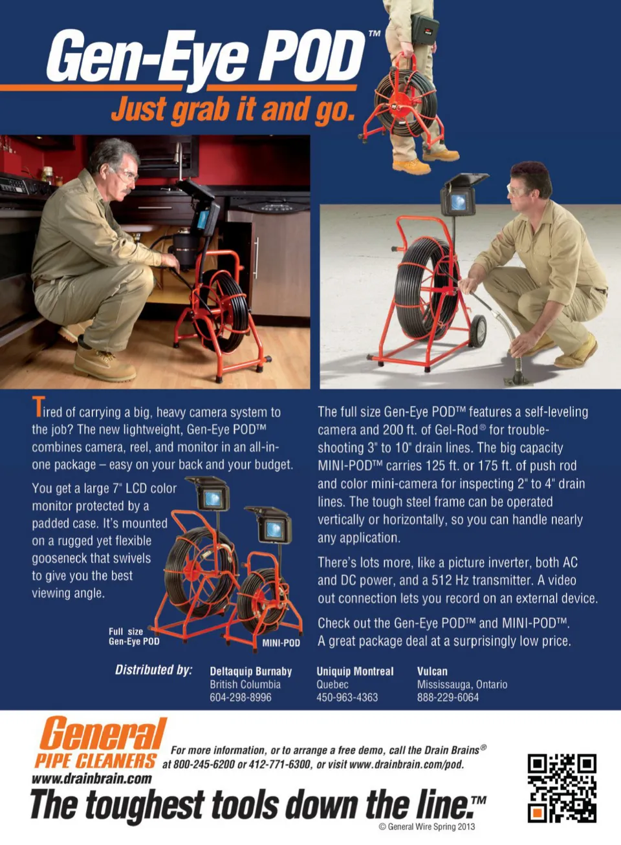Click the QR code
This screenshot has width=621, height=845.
coord(561,788)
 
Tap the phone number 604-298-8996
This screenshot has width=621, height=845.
coord(241,697)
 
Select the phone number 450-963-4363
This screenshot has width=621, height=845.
coord(347,697)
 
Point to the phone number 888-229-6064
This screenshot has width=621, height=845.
coord(448,697)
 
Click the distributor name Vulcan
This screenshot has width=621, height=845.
coord(432,671)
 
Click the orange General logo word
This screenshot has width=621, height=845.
coord(103,734)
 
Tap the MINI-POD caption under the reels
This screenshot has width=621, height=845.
coord(281,643)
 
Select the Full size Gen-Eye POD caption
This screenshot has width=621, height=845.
coord(134,636)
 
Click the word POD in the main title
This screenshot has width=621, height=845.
coord(310,58)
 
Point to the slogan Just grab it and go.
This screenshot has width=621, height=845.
coord(234,109)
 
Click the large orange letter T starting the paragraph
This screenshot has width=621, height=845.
coord(39,406)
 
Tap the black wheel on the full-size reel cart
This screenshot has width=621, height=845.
coord(477,331)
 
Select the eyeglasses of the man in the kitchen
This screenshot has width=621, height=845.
coord(127,173)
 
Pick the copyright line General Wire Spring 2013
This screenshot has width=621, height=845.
coord(426,827)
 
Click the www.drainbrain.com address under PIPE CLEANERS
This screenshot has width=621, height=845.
coord(92,778)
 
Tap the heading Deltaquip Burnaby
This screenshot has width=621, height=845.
coord(251,671)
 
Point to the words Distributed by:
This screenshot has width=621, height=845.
coord(154,670)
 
